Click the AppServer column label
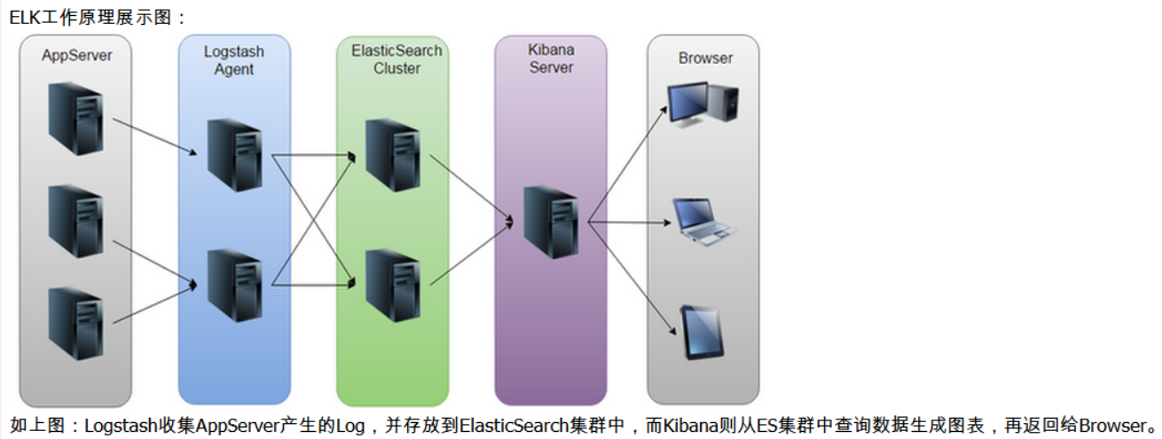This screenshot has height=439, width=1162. coord(77,56)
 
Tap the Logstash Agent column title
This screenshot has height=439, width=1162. coord(234,60)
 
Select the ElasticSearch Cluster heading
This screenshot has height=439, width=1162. coord(396,59)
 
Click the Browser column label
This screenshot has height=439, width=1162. coord(705,59)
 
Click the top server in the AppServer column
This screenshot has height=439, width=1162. coord(75,118)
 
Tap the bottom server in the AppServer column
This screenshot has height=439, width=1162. coord(75,322)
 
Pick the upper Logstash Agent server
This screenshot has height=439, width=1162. coord(234,155)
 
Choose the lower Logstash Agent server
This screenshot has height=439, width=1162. coord(234,285)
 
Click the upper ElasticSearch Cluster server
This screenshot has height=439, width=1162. coord(393,155)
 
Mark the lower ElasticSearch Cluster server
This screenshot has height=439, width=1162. coord(393,285)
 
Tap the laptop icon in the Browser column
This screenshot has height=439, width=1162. coord(705,222)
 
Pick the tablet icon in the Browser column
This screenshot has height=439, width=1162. coord(698,332)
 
